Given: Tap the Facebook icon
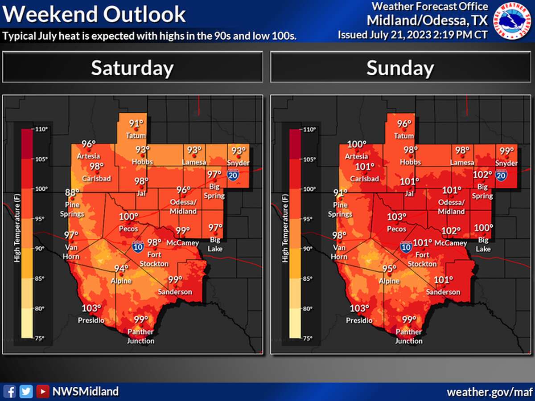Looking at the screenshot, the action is pyautogui.click(x=12, y=391).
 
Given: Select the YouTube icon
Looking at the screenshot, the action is pyautogui.click(x=42, y=391).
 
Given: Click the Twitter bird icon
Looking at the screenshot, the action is pyautogui.click(x=27, y=391).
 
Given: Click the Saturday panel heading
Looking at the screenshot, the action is pyautogui.click(x=132, y=68).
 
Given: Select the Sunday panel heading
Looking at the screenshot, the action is pyautogui.click(x=400, y=68).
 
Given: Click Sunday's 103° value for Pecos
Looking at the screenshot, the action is pyautogui.click(x=397, y=217).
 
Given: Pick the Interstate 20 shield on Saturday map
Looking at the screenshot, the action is pyautogui.click(x=232, y=175).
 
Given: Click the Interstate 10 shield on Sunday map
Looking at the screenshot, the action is pyautogui.click(x=405, y=246).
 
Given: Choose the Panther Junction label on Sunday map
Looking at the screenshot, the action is pyautogui.click(x=408, y=336).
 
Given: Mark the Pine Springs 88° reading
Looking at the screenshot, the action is pyautogui.click(x=72, y=192).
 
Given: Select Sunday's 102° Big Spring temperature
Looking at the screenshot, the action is pyautogui.click(x=482, y=175).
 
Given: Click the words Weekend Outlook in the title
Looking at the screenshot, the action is pyautogui.click(x=94, y=14).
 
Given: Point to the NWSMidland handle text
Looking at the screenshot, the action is pyautogui.click(x=86, y=391).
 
